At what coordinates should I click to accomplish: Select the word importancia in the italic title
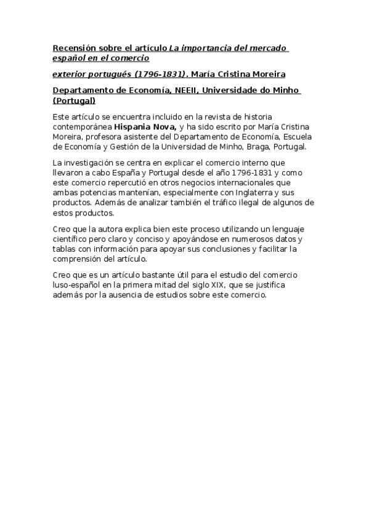pos(205,48)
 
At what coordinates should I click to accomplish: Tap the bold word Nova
pos(167,126)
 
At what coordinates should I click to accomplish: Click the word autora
pos(115,230)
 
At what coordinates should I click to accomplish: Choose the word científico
pos(71,239)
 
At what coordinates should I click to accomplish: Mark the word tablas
pos(64,249)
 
